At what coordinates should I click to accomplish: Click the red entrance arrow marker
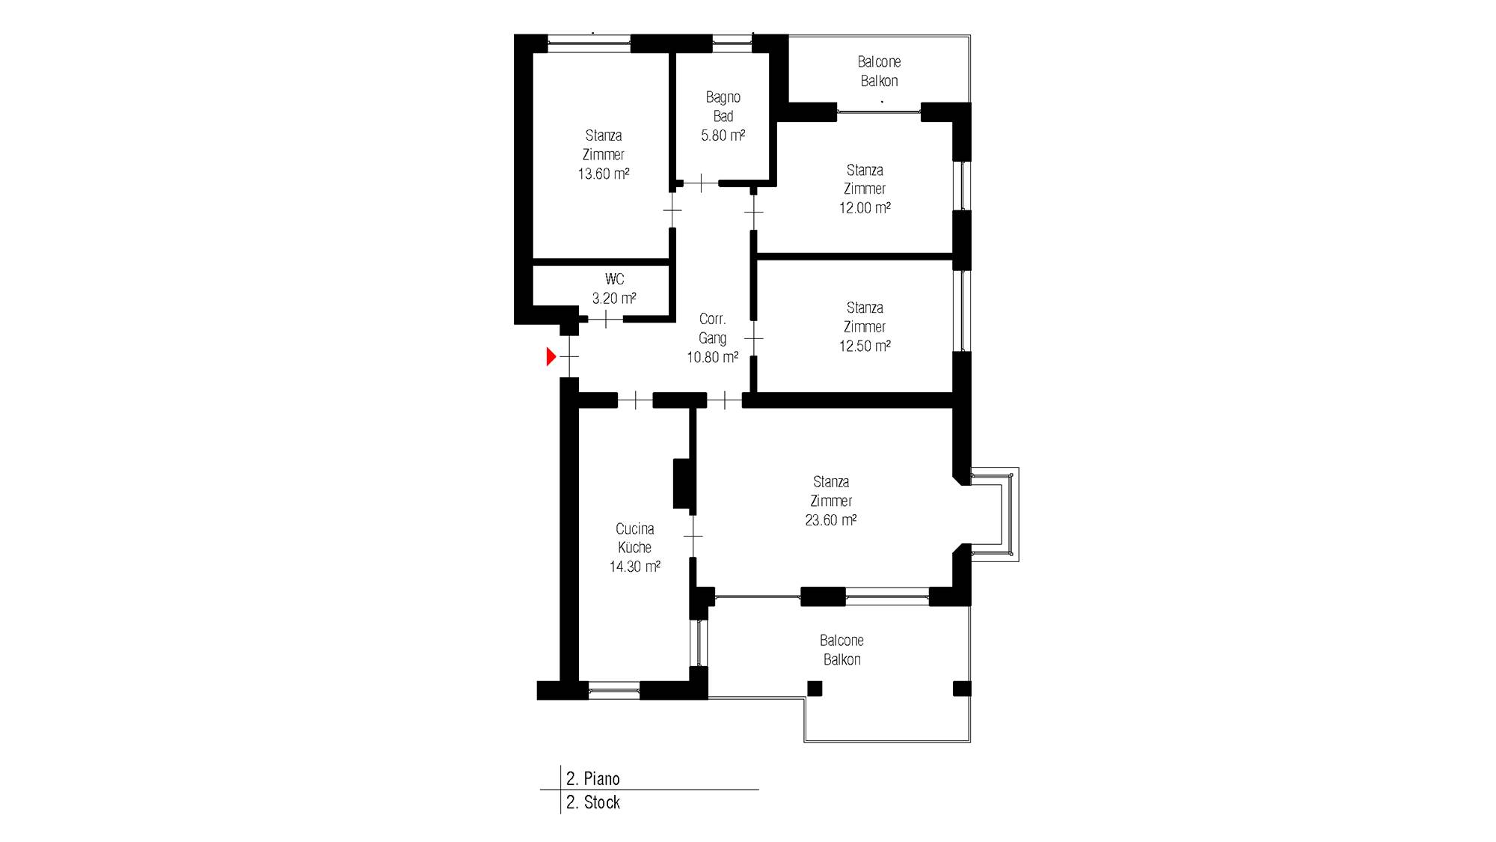tap(551, 357)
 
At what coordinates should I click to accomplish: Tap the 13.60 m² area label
tap(603, 174)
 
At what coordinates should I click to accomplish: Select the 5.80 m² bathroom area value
tap(723, 135)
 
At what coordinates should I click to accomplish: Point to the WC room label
tap(614, 279)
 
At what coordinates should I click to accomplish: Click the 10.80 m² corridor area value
tap(713, 358)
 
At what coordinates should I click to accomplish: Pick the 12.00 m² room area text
tap(865, 208)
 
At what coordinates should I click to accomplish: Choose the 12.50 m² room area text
tap(865, 346)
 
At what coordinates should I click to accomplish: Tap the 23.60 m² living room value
tap(830, 520)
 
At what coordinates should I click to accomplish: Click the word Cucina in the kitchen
tap(634, 528)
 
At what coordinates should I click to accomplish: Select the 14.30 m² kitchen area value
tap(634, 567)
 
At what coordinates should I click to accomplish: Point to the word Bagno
tap(723, 97)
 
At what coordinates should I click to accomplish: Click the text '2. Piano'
tap(593, 778)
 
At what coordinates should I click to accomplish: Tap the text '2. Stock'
tap(593, 802)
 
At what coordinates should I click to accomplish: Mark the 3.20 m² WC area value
tap(614, 299)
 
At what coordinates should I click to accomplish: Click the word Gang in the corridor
tap(712, 338)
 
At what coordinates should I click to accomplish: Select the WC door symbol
tap(605, 319)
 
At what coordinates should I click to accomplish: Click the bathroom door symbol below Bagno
tap(701, 183)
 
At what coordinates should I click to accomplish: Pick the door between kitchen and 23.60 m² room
tap(693, 536)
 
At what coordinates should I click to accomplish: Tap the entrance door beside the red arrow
tap(569, 357)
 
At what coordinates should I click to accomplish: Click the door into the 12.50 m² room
tap(754, 339)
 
